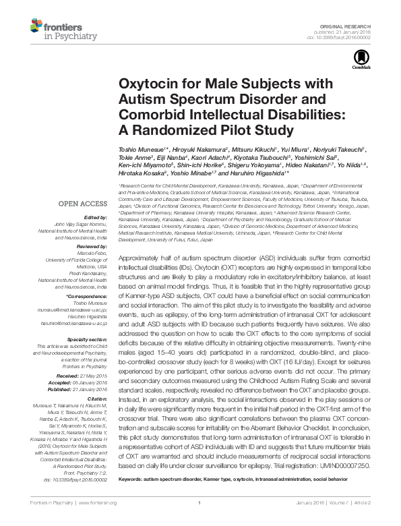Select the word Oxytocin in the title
[x=147, y=84]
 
